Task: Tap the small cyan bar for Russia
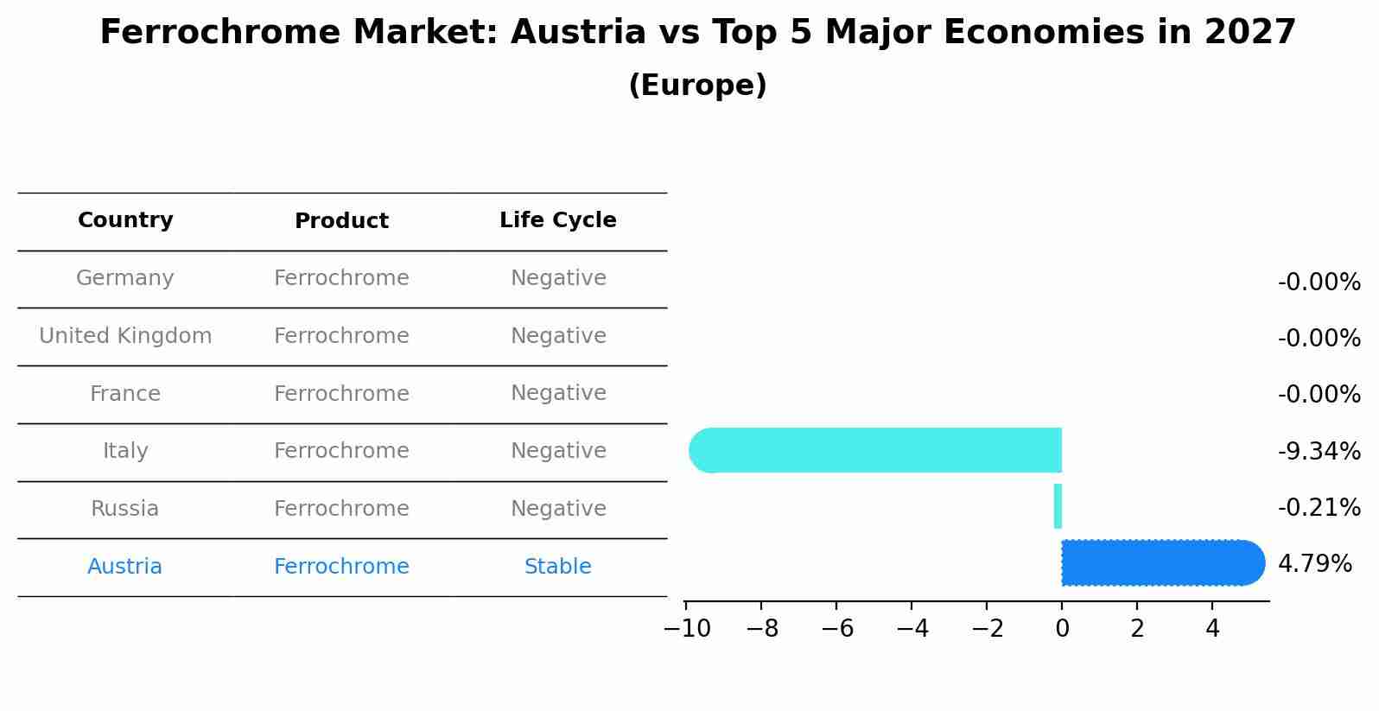[1058, 506]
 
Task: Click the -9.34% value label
[1319, 451]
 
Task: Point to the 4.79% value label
[1314, 564]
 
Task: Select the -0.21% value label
[1319, 507]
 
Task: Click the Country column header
[125, 220]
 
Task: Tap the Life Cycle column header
[557, 220]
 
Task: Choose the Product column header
[341, 221]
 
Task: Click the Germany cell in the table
[125, 278]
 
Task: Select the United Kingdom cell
[125, 336]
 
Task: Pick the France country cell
[125, 394]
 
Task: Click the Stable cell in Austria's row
[557, 567]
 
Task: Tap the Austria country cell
[124, 567]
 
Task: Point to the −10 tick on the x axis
[687, 629]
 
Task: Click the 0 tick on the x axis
[1062, 629]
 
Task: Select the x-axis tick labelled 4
[1212, 629]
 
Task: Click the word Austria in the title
[578, 33]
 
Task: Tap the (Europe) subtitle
[697, 86]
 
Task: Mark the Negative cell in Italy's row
[558, 451]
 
